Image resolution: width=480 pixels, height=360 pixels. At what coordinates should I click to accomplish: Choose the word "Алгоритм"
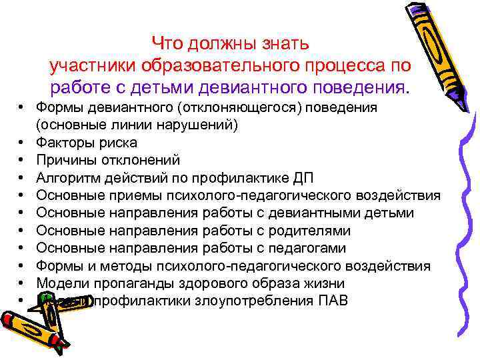tap(69, 177)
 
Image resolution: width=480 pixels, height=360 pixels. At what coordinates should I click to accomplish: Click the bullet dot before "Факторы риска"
tap(22, 142)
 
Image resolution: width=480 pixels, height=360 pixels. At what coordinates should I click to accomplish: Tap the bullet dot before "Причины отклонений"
tap(22, 160)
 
